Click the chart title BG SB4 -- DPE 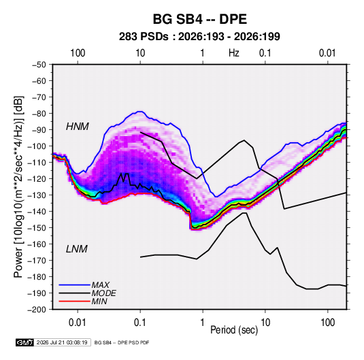(x=199, y=19)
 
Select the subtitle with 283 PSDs (x=199, y=37)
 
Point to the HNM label (x=78, y=127)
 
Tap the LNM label (x=77, y=249)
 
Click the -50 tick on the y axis (x=39, y=65)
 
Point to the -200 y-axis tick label (x=37, y=310)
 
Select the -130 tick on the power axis (x=37, y=195)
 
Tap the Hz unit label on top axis (x=234, y=53)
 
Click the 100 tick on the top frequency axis (x=78, y=53)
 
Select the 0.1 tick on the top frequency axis (x=265, y=53)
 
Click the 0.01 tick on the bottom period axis (x=78, y=323)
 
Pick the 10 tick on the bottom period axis (x=265, y=323)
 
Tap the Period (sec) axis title (x=234, y=330)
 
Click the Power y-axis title (x=18, y=187)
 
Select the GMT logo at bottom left (x=25, y=342)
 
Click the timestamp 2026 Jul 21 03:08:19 (x=62, y=342)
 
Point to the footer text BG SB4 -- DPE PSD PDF (x=122, y=342)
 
